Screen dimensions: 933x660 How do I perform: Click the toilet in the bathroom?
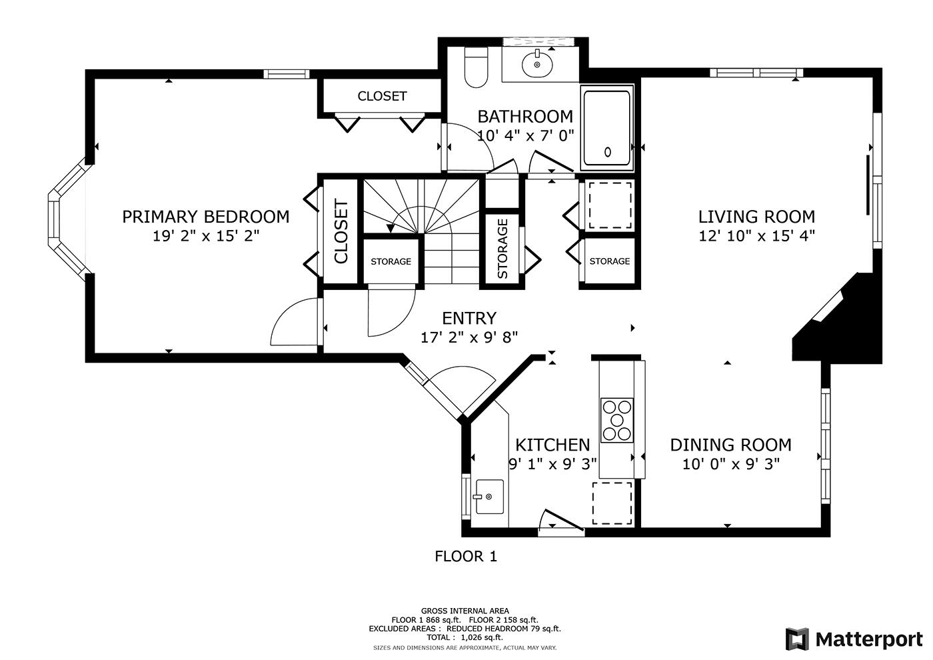coord(476,67)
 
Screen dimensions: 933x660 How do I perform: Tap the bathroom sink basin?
coord(537,64)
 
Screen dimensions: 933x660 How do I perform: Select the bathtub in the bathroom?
coord(607,128)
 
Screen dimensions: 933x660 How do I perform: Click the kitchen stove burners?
coord(617,420)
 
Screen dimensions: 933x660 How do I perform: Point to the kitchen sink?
coord(489,497)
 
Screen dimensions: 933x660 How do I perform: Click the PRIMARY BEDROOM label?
coord(206,217)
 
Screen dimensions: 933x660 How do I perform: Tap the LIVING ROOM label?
coord(756,217)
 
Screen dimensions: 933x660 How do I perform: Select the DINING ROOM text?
coord(730,445)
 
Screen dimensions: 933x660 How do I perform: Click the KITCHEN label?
coord(552,445)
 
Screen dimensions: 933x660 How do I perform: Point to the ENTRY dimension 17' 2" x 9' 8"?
coord(469,337)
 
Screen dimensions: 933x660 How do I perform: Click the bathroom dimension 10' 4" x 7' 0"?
coord(525,135)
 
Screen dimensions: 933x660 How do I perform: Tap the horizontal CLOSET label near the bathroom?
coord(382,96)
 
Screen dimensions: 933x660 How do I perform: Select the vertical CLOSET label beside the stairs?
coord(341,232)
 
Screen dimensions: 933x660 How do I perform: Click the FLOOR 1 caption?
coord(466,556)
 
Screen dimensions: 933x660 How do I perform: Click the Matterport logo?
coord(854,639)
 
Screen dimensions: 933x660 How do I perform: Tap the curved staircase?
coord(421,232)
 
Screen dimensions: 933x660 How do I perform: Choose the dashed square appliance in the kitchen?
coord(612,503)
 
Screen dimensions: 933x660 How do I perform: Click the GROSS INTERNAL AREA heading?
coord(465,611)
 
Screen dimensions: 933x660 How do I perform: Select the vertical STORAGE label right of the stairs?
coord(502,249)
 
